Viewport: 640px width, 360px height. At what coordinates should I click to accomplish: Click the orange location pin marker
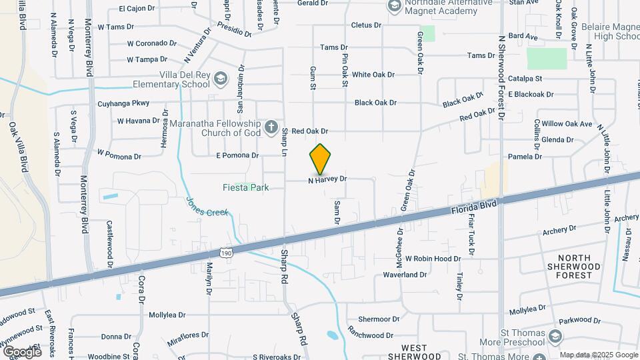320,159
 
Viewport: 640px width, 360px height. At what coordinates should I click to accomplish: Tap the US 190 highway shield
227,253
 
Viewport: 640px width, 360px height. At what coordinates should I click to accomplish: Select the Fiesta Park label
245,188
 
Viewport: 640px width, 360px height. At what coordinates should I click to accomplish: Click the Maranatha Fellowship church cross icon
271,126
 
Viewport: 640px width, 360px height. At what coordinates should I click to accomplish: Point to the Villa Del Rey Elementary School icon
219,80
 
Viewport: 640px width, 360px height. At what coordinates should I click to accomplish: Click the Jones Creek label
207,207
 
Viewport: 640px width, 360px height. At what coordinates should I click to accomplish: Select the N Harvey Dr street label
327,179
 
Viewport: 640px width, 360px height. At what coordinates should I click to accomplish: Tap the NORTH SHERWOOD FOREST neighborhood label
574,266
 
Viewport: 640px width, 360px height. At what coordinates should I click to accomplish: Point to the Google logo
22,351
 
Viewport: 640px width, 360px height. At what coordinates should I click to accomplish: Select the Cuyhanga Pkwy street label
123,103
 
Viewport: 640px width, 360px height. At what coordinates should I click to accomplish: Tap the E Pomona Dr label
237,155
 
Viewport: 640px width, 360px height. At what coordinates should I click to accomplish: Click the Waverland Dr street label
404,275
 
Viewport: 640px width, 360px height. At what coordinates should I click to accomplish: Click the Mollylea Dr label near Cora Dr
170,315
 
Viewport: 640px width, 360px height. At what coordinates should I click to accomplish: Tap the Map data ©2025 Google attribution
598,355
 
